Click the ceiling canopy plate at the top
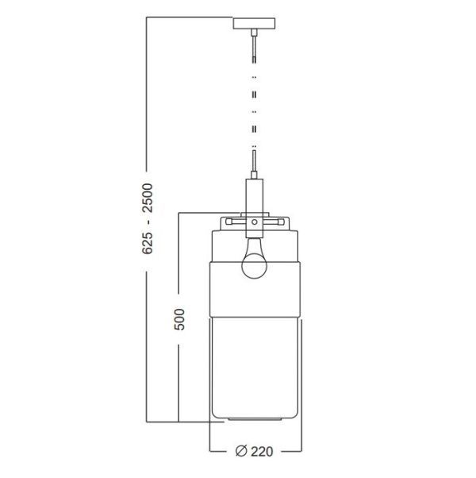click(254, 21)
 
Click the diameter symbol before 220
click(240, 453)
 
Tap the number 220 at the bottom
click(263, 453)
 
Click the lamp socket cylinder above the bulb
click(254, 202)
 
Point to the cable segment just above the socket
click(254, 167)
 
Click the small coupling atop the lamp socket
click(254, 179)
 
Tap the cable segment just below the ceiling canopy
click(254, 48)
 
